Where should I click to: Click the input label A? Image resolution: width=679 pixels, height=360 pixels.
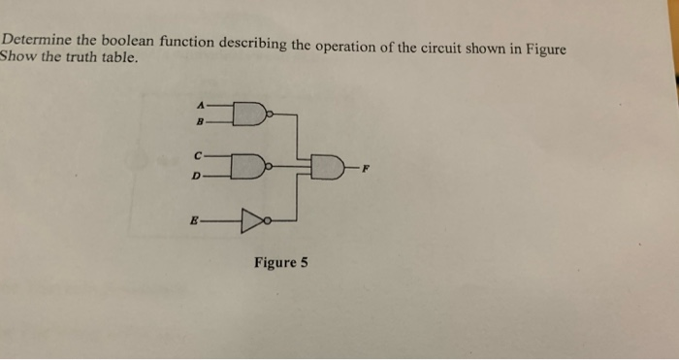[x=201, y=105]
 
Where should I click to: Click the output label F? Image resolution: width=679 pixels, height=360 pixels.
[x=366, y=168]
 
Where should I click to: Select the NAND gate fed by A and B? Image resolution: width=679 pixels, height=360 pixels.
[x=248, y=115]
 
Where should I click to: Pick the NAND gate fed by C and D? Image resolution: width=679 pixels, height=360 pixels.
[x=248, y=165]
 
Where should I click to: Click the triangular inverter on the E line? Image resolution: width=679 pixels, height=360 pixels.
[x=250, y=222]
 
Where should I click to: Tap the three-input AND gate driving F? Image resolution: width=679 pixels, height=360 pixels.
[x=328, y=169]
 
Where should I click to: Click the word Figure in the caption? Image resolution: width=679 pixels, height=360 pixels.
[x=273, y=262]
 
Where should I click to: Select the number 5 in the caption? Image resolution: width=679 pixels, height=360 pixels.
[x=304, y=262]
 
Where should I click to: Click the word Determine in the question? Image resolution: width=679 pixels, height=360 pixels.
[x=35, y=42]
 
